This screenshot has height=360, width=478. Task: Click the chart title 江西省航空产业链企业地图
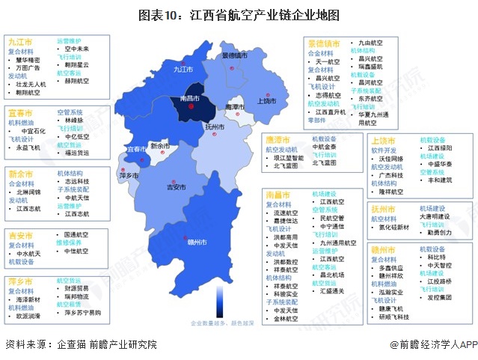pyautogui.click(x=239, y=14)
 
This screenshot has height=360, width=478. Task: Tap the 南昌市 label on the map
pyautogui.click(x=185, y=99)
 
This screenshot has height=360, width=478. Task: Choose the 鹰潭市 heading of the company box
pyautogui.click(x=278, y=140)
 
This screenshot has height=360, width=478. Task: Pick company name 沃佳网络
pyautogui.click(x=391, y=158)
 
